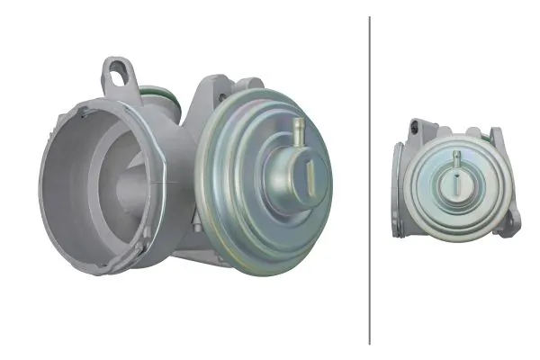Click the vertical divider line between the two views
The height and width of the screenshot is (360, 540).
pyautogui.click(x=370, y=180)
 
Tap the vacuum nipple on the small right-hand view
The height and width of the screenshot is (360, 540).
pyautogui.click(x=456, y=160)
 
